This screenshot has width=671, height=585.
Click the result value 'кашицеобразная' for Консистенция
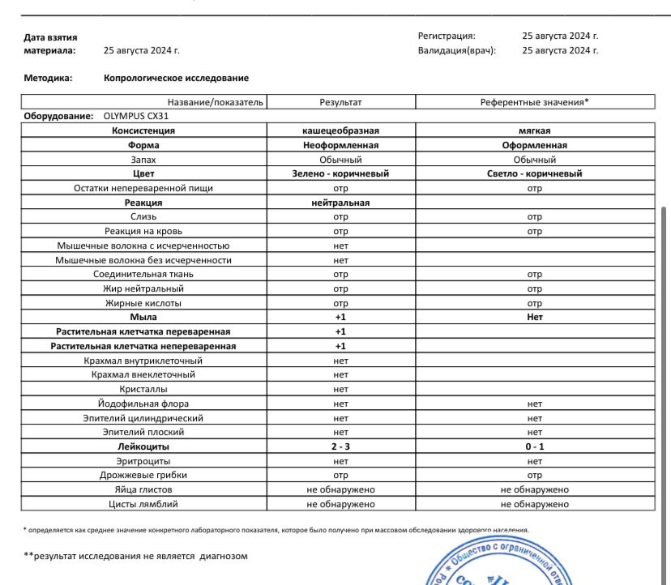click(x=340, y=130)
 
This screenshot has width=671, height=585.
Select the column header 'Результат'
click(x=340, y=102)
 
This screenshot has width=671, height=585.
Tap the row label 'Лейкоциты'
click(x=143, y=446)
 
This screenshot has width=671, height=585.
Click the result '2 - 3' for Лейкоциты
click(x=340, y=446)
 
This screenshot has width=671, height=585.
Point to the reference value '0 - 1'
click(x=535, y=446)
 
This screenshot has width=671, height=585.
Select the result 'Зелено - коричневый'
click(x=340, y=173)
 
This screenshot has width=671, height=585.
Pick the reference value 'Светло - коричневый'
click(x=535, y=173)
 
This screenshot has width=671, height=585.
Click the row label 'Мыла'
click(x=143, y=318)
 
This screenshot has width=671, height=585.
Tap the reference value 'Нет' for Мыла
click(x=535, y=318)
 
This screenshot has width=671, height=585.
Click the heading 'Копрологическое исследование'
click(x=176, y=79)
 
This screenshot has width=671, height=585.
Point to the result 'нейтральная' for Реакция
click(x=340, y=203)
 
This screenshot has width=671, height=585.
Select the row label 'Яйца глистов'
click(x=143, y=489)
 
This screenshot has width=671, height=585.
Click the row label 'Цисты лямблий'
click(x=143, y=504)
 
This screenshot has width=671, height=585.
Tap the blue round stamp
click(x=502, y=563)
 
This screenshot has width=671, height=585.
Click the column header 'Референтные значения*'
click(x=535, y=102)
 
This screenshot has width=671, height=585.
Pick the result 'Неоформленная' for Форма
click(x=340, y=145)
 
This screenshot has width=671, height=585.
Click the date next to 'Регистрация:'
click(x=560, y=36)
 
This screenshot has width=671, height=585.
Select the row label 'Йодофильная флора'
click(x=143, y=404)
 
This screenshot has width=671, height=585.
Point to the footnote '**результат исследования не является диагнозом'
click(x=135, y=557)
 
